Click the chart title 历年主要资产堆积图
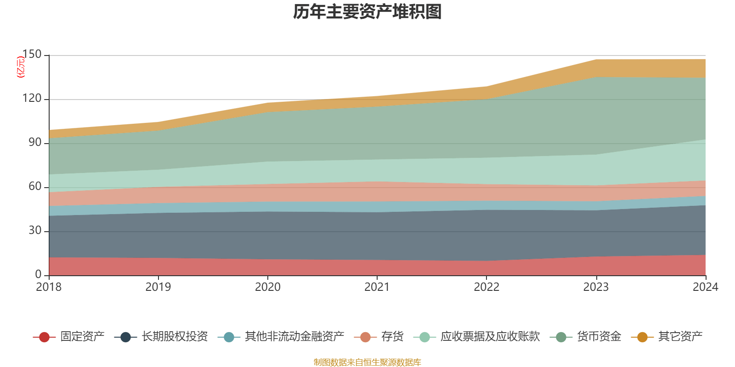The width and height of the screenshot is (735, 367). point(367,12)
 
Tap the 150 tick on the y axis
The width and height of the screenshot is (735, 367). point(32,55)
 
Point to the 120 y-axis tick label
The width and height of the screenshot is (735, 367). point(32,99)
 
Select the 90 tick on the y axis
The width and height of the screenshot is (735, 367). point(35,143)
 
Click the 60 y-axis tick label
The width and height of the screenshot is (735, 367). point(35,187)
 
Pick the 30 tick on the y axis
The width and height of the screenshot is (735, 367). point(35,231)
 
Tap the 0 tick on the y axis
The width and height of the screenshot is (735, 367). point(38,274)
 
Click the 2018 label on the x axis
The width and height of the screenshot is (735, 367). point(49,287)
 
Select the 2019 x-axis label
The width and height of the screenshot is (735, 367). point(158,287)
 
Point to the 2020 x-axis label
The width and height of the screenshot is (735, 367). point(267,287)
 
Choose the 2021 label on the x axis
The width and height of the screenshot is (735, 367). point(377,287)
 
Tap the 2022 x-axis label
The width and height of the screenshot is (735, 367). point(486,287)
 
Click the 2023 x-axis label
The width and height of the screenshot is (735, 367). point(596,287)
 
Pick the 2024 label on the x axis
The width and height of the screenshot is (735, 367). point(705,287)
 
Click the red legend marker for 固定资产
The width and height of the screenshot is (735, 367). point(44,337)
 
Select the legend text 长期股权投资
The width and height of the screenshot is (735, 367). point(175,337)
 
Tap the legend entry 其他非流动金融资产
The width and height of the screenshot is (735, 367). point(294,337)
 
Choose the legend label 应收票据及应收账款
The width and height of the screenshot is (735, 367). point(490,337)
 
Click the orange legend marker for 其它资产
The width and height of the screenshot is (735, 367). point(642,337)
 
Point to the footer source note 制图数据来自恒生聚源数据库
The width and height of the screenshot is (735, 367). point(367,362)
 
